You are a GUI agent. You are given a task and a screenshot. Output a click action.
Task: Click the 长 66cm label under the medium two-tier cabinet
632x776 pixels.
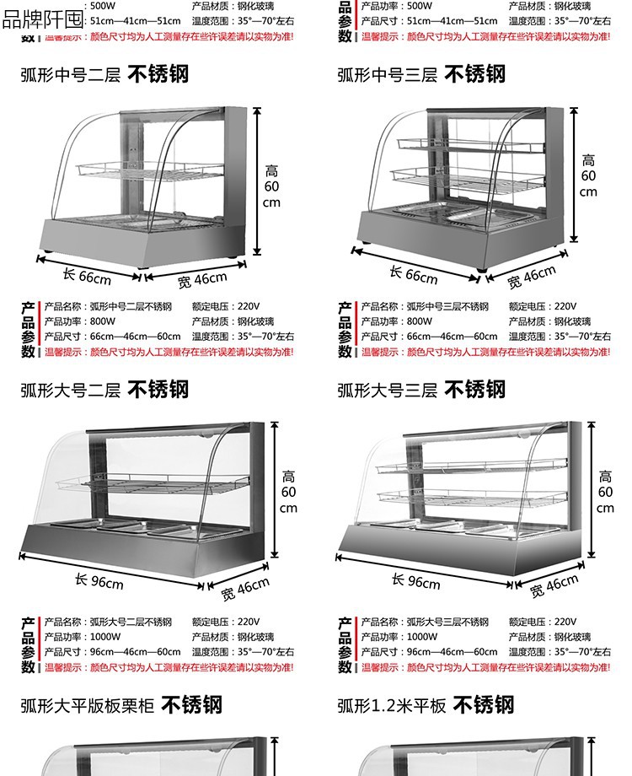click(88, 276)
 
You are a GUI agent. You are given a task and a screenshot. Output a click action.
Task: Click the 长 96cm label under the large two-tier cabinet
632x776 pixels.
click(99, 581)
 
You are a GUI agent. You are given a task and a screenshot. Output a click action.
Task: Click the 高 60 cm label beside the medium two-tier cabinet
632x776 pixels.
click(271, 186)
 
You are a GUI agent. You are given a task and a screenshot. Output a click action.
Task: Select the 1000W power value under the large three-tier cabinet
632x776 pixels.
click(423, 637)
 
